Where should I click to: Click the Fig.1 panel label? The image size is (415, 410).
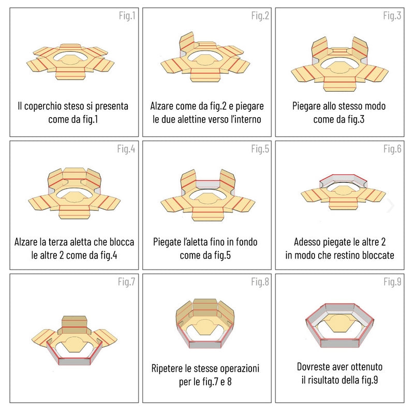127,16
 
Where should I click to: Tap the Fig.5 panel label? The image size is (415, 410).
260,149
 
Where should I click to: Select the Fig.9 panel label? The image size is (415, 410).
392,281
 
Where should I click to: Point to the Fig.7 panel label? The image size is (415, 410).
127,282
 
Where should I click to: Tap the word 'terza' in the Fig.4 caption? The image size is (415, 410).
80,242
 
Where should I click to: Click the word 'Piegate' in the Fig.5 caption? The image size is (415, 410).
170,242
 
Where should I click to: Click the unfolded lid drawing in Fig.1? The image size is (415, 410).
74,62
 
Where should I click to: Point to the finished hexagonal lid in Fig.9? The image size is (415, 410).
339,324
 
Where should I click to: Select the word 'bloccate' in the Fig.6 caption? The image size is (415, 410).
377,256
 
